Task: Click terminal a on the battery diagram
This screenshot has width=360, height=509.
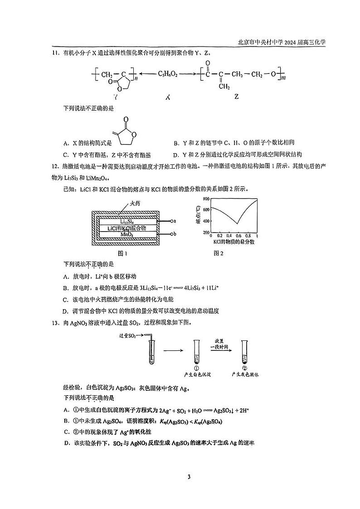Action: (174, 221)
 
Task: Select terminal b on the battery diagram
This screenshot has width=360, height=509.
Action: (174, 234)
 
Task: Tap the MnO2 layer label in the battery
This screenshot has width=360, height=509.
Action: (126, 234)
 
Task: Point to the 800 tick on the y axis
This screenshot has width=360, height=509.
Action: (205, 199)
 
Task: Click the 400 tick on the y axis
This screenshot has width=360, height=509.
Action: (205, 221)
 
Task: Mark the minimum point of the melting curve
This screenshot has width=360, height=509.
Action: (237, 223)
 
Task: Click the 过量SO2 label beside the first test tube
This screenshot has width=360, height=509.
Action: (127, 336)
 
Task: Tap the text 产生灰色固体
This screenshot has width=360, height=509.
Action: (245, 375)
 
